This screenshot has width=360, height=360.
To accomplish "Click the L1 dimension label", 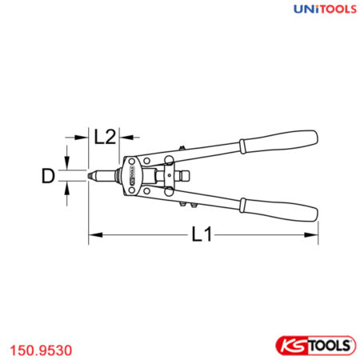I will (x=201, y=236).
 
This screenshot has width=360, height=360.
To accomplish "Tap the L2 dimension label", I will (x=105, y=137).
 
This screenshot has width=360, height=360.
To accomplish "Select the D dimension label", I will (x=50, y=175).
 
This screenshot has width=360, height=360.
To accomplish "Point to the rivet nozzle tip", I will (x=90, y=176).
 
